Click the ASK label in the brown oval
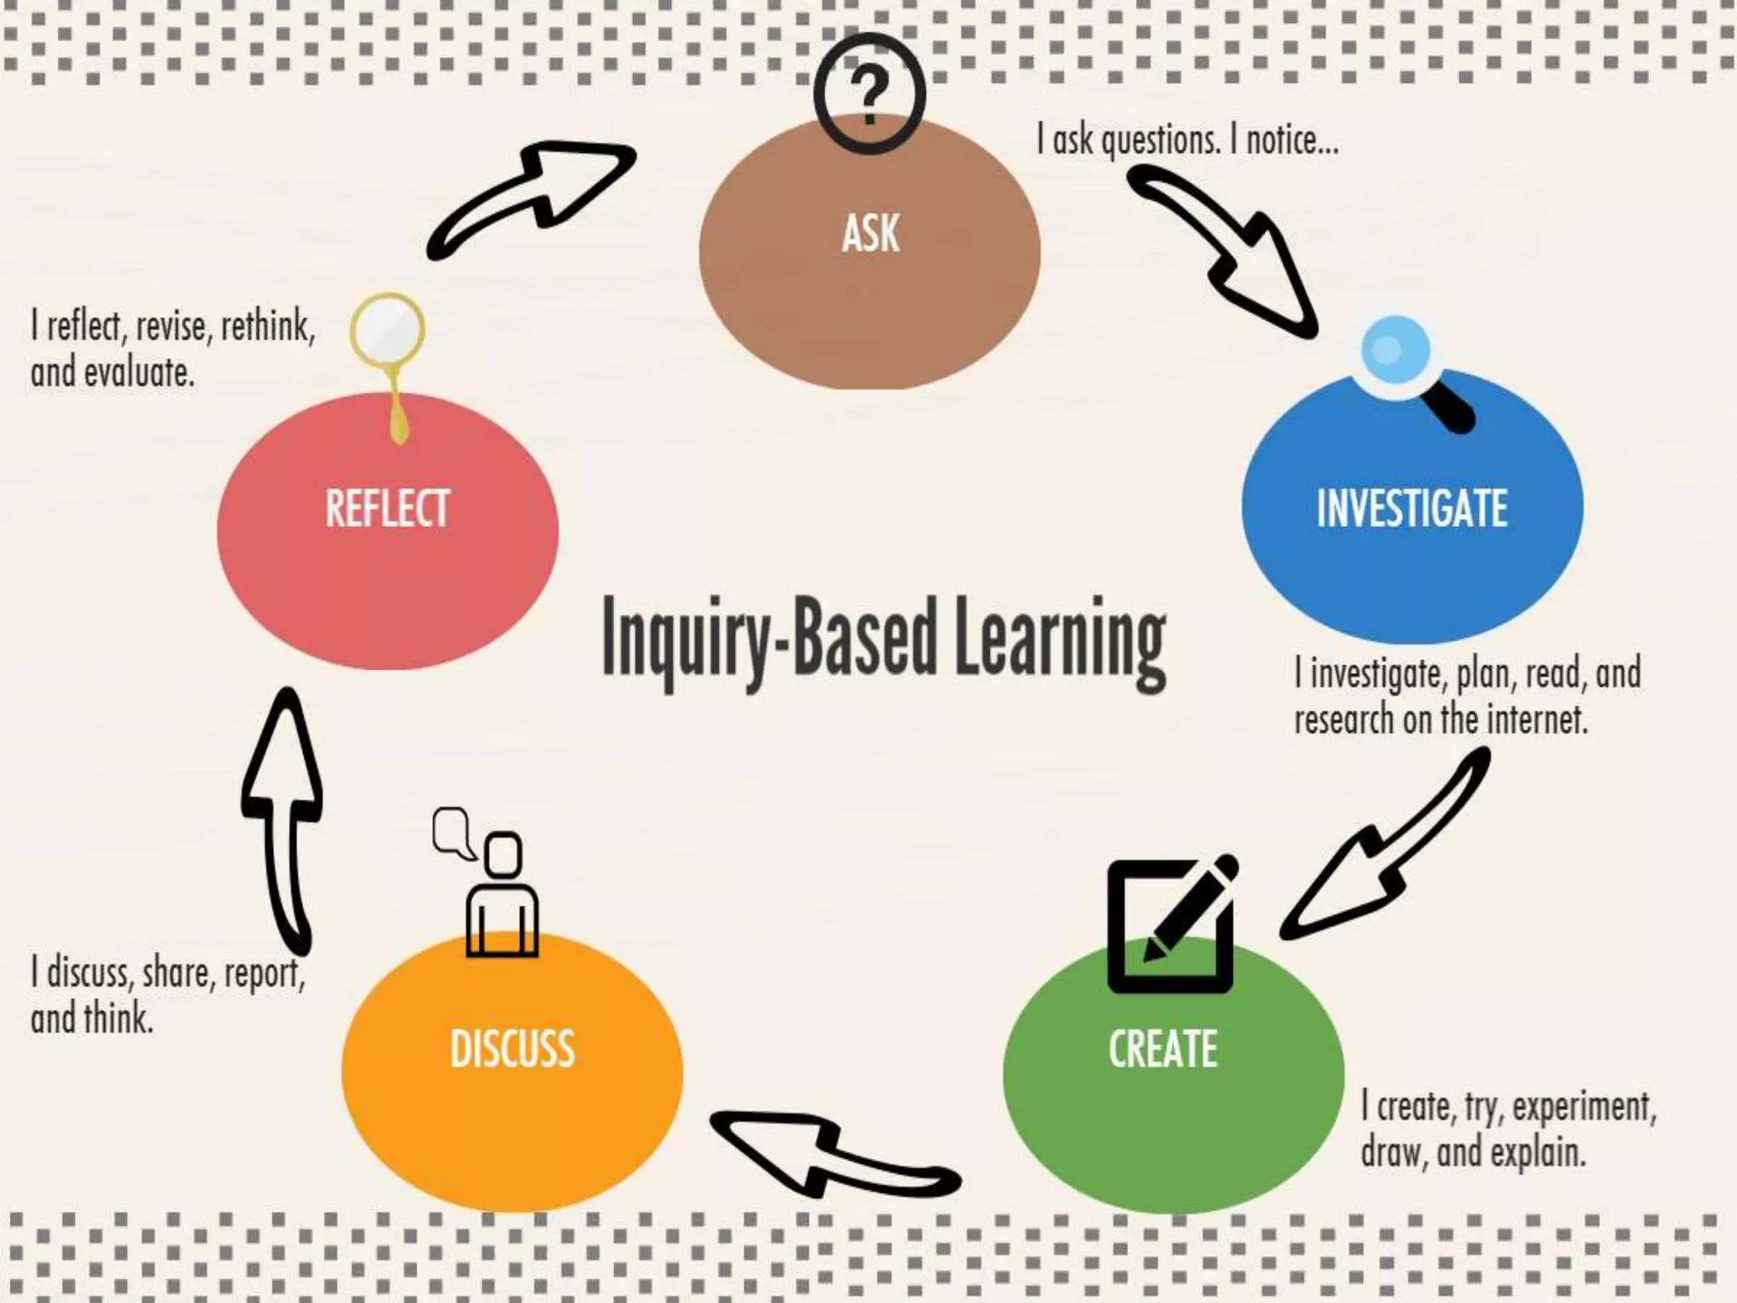pos(870,233)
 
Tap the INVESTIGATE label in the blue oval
pos(1412,508)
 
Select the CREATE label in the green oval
pos(1163,1049)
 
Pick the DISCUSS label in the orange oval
pos(512,1049)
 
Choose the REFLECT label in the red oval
pos(388,508)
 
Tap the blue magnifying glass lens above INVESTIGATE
pos(1395,350)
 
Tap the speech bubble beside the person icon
pos(451,831)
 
